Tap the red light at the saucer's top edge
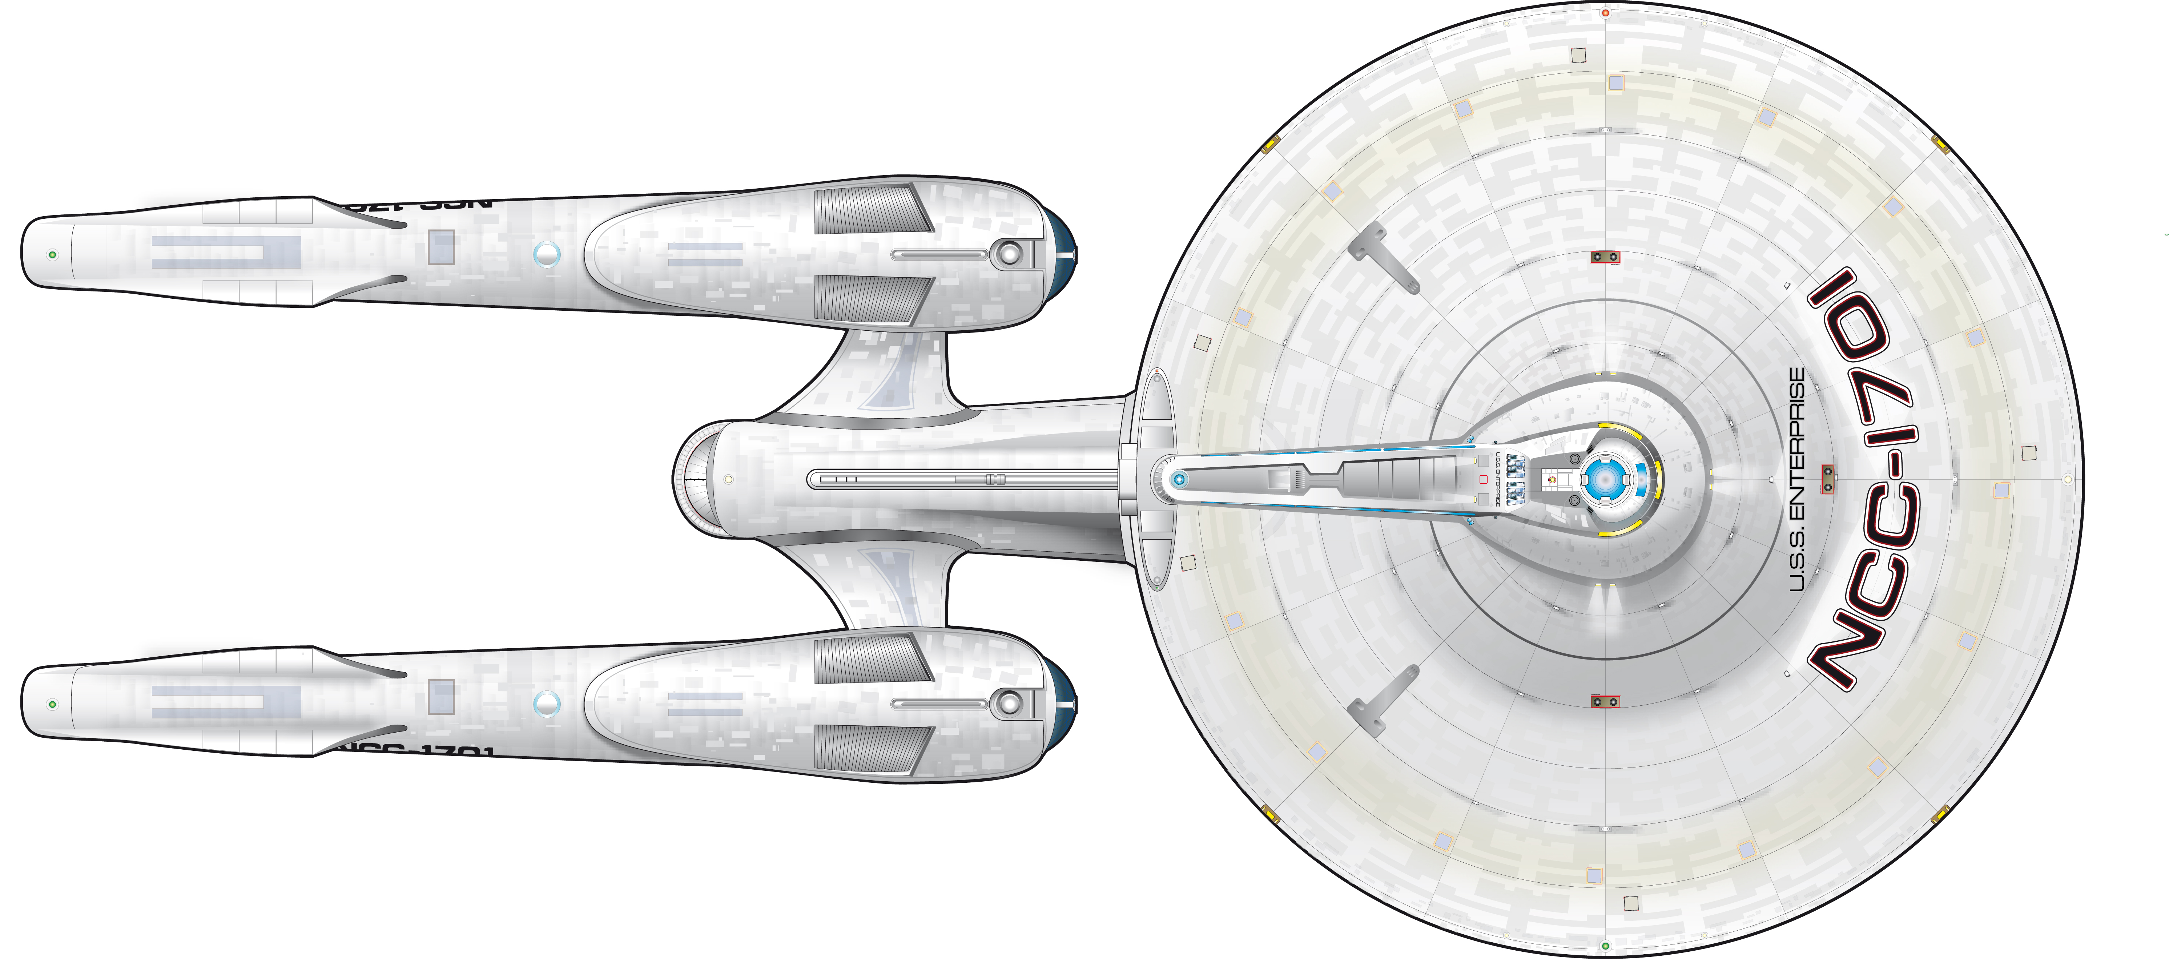1606,13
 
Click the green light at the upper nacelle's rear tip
52,254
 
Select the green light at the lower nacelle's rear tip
52,704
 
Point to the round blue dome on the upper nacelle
547,253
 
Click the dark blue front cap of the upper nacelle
1063,253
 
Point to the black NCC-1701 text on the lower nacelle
413,749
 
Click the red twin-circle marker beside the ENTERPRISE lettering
1827,478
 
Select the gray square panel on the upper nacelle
441,247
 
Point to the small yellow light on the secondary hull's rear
728,479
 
